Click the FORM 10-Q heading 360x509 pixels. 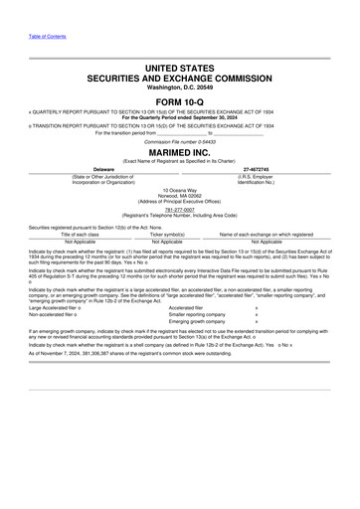point(179,101)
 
